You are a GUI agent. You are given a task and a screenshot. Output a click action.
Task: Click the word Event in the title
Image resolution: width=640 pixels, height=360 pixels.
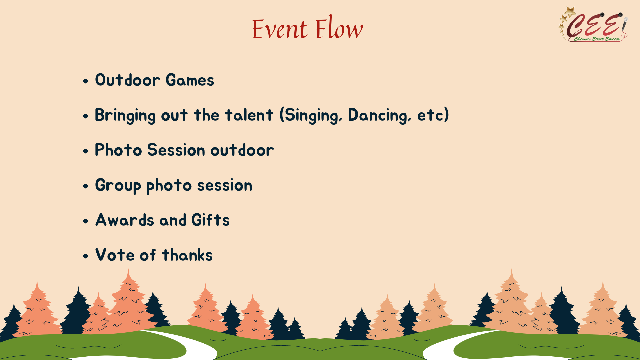[280, 29]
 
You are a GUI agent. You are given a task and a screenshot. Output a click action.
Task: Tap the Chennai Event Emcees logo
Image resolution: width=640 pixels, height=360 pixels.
[594, 24]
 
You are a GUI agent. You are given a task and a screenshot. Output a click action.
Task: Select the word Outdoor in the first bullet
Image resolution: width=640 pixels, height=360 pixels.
[128, 80]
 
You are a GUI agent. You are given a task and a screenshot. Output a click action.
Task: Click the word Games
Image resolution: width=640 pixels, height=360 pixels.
[190, 80]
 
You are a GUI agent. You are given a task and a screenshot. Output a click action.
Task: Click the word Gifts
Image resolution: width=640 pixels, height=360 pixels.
[211, 220]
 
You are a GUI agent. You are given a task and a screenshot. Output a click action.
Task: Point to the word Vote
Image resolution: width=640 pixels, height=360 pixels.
[115, 255]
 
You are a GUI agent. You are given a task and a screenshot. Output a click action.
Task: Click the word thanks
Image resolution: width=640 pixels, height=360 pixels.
[187, 255]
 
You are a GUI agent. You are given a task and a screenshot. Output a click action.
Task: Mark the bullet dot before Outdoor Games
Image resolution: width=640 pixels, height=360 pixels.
[86, 81]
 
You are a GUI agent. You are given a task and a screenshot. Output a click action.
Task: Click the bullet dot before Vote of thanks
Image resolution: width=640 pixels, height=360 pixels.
[86, 256]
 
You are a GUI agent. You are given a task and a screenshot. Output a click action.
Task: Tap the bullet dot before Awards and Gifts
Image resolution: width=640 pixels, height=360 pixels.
[86, 221]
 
